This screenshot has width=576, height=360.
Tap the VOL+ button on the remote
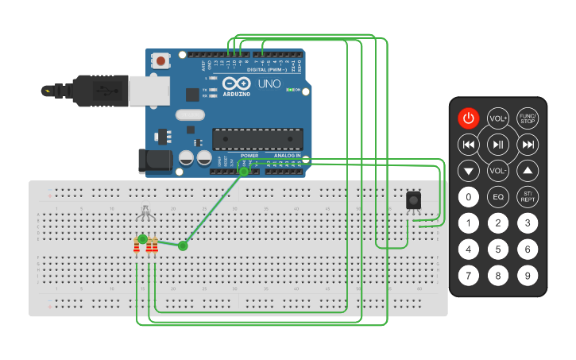point(498,118)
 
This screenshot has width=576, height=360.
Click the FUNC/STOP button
point(528,118)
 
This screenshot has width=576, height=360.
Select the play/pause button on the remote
point(498,144)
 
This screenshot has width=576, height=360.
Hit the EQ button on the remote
point(498,196)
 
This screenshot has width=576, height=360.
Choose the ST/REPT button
point(528,196)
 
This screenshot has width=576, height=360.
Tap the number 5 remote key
point(498,250)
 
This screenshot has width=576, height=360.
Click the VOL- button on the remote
point(498,170)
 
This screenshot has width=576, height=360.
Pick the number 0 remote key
point(469,196)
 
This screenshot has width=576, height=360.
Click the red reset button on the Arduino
point(162,60)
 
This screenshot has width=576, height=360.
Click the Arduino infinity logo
point(237,83)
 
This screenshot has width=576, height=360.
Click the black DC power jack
point(154,161)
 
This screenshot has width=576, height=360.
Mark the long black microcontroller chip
point(257,139)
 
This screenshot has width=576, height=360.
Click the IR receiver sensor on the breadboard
point(414,200)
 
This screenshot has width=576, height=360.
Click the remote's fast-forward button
point(528,144)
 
